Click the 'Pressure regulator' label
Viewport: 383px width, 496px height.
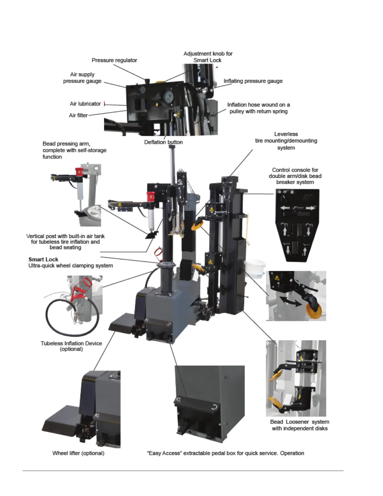coord(114,60)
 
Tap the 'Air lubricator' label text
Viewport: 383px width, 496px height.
coord(85,104)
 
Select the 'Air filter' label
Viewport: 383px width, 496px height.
coord(78,115)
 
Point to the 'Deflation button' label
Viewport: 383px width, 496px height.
coord(163,142)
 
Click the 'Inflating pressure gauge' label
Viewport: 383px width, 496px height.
coord(253,81)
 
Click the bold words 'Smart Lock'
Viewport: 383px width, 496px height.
coord(43,259)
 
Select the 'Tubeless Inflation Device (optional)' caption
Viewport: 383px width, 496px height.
coord(71,346)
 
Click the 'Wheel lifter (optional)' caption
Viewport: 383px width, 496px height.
coord(78,453)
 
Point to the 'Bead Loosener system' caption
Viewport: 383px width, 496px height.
coord(299,425)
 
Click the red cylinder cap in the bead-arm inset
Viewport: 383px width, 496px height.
coord(79,172)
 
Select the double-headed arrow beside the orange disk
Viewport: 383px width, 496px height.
coord(291,302)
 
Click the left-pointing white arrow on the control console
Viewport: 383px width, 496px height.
coord(285,208)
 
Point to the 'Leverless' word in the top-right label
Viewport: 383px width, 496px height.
coord(286,134)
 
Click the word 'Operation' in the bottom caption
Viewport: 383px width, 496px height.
coord(292,453)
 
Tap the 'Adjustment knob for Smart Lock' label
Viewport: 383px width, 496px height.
coord(208,57)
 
